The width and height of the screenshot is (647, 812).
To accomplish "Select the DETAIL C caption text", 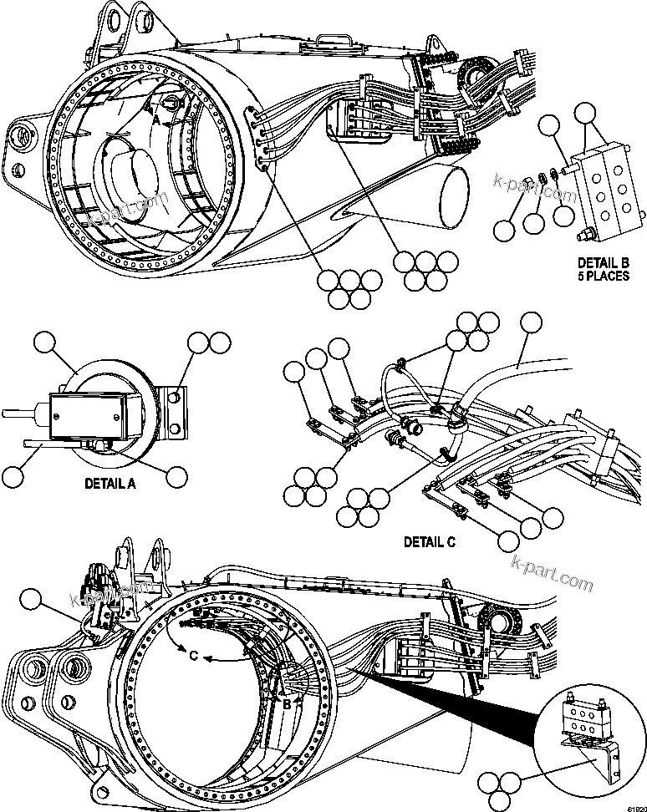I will point(430,541).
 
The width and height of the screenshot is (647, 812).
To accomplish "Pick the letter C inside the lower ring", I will point(194,656).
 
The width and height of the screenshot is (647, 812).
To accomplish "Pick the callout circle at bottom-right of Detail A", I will point(176,475).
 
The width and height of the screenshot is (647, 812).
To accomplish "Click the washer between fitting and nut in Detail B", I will point(543,178).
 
